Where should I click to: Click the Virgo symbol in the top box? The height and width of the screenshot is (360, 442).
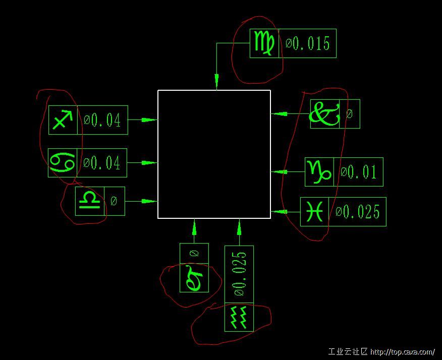click(x=265, y=43)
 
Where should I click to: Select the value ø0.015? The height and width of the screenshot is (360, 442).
click(x=308, y=43)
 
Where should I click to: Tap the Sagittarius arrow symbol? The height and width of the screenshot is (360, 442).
click(x=63, y=120)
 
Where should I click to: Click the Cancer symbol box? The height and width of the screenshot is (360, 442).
click(x=63, y=163)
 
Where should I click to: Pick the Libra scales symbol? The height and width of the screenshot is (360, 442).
click(x=89, y=201)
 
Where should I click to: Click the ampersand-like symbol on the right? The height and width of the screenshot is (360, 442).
click(x=324, y=114)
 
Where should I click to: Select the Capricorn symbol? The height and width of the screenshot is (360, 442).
click(x=319, y=172)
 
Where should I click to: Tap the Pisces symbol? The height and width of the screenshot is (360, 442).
click(x=314, y=212)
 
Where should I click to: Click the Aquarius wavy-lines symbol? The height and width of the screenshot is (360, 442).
click(x=239, y=318)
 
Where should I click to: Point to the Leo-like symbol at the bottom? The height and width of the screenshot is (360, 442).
click(x=194, y=278)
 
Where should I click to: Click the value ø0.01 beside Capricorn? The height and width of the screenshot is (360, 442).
click(x=359, y=172)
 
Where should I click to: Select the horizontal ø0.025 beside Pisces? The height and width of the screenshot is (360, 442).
click(x=357, y=212)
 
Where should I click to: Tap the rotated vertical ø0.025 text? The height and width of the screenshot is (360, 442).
click(x=239, y=274)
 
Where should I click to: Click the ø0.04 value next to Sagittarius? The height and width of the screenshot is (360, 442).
click(x=102, y=120)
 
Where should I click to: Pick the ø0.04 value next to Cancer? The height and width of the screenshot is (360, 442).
click(x=102, y=163)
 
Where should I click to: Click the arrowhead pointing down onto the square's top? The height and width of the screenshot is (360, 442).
click(x=217, y=82)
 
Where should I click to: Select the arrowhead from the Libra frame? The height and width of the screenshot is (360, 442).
click(x=149, y=201)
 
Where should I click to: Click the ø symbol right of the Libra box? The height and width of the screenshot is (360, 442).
click(x=114, y=201)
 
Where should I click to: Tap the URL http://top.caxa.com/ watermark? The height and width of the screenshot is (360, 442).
click(x=403, y=352)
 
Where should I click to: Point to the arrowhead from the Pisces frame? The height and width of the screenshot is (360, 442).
click(x=279, y=211)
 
